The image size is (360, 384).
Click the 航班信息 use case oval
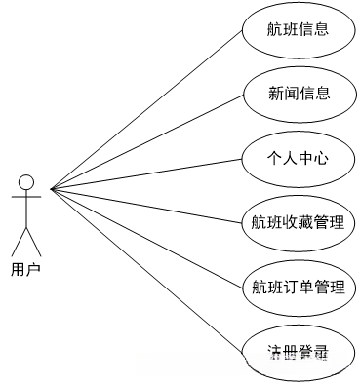(x=298, y=29)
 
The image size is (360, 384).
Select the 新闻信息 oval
(x=298, y=94)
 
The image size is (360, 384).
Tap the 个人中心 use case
(x=298, y=158)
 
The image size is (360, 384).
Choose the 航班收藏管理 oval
(x=298, y=222)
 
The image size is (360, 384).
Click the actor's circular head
(x=26, y=182)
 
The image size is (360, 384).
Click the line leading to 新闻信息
(x=146, y=142)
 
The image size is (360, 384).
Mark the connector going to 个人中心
(x=146, y=173)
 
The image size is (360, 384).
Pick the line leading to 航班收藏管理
(x=146, y=205)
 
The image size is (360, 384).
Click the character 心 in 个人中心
(x=319, y=158)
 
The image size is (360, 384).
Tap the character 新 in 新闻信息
(x=275, y=94)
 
